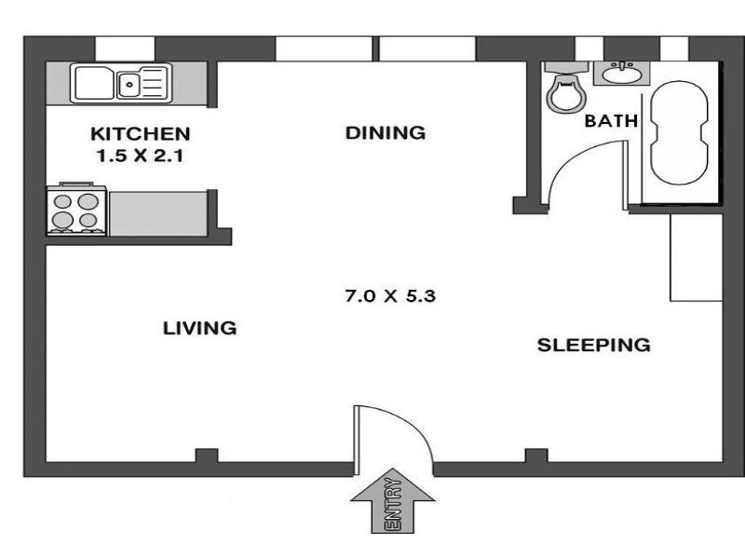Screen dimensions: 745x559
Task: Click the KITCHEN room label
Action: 141,134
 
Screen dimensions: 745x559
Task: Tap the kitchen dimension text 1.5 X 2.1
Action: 141,156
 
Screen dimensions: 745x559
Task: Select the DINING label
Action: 386,132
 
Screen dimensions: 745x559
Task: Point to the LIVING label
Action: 199,329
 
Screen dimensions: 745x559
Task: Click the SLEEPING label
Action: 594,345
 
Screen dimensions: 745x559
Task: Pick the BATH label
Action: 611,121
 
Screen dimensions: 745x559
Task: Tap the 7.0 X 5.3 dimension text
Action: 390,296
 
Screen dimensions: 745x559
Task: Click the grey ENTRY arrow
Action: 392,500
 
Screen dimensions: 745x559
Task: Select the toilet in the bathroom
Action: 566,88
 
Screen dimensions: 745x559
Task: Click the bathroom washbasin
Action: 621,74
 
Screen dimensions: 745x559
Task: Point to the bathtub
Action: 679,132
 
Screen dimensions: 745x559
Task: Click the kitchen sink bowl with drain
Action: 129,85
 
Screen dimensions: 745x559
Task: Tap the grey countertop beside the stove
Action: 158,213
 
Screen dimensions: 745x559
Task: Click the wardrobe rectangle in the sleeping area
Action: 696,258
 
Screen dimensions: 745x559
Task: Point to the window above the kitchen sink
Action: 125,48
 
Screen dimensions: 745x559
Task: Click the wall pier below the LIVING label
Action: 207,455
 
